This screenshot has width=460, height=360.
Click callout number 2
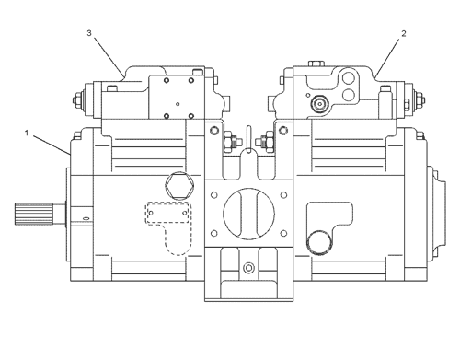403,34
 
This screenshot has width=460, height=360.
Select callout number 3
89,34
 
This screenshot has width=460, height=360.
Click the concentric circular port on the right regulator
320,104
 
